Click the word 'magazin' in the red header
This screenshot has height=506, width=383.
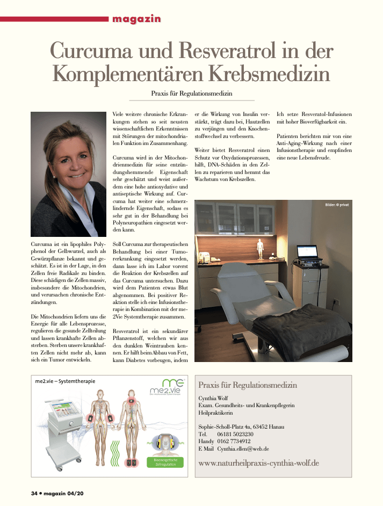pos(136,19)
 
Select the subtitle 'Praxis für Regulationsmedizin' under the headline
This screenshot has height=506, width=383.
pos(192,93)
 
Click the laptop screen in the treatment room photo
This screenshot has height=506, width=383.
pos(309,251)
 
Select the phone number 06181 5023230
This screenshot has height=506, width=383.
pos(236,433)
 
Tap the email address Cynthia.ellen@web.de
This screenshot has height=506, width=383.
pos(243,448)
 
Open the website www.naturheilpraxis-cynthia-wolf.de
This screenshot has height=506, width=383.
pos(259,462)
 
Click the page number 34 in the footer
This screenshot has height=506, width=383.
pos(34,493)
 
